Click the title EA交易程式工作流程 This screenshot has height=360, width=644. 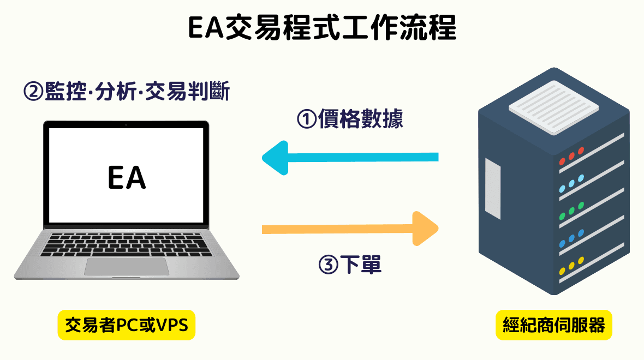[x=322, y=28]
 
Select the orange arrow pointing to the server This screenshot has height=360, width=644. [x=350, y=228]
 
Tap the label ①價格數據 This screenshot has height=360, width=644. [x=349, y=119]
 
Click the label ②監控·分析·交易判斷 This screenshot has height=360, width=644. [x=126, y=91]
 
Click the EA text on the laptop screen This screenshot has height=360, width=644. [x=127, y=178]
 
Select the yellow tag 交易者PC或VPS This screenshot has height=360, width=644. [x=126, y=326]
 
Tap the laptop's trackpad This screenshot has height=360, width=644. [x=127, y=266]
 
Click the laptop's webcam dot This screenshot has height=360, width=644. [x=127, y=125]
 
